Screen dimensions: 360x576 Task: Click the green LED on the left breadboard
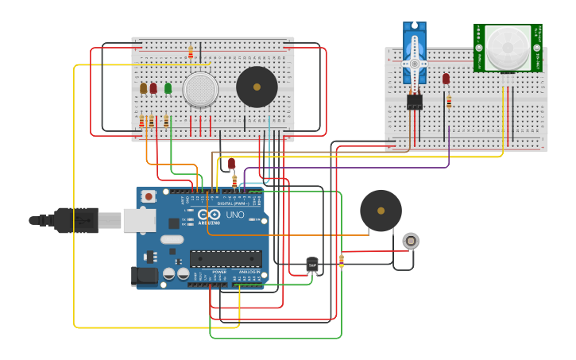pos(168,88)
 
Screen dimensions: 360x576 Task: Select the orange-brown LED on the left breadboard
pos(143,88)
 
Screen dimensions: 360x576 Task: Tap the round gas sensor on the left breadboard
pos(199,89)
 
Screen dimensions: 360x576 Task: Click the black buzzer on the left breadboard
pos(257,87)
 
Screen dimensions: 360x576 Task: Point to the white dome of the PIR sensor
pos(508,47)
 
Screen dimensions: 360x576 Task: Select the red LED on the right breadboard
pos(446,79)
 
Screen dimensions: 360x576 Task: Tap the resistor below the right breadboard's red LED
pos(449,101)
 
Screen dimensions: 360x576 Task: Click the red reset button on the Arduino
pos(148,196)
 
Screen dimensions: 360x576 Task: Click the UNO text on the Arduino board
pos(236,215)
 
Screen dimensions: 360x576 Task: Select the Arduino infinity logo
pos(208,215)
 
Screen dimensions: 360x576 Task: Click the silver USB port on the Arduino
pos(139,220)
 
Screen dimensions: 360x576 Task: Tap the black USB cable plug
pos(76,220)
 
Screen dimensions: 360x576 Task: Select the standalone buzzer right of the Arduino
pos(381,211)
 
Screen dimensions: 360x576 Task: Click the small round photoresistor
pos(410,240)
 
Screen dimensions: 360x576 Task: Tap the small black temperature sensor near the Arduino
pos(311,265)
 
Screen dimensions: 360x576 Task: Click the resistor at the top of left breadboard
pos(191,52)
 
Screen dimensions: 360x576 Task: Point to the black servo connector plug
pos(414,102)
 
